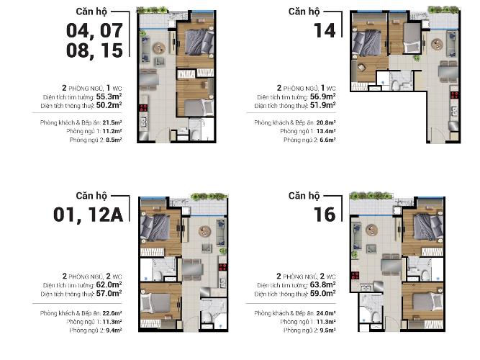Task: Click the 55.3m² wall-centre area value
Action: click(x=109, y=96)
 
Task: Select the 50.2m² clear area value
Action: click(x=109, y=105)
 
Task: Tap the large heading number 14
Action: click(x=325, y=31)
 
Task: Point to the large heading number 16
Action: click(x=325, y=215)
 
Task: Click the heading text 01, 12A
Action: click(x=89, y=215)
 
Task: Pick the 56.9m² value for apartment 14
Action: click(x=323, y=96)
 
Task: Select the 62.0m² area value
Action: click(x=109, y=285)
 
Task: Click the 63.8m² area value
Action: click(x=323, y=285)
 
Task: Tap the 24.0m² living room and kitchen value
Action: click(x=326, y=313)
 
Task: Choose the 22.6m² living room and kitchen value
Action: click(x=112, y=313)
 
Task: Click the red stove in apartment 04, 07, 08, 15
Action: click(x=143, y=108)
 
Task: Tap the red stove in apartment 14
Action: click(x=454, y=95)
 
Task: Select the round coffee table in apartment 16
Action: click(x=371, y=230)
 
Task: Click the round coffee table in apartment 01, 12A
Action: click(x=204, y=231)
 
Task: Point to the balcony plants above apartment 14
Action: click(x=443, y=9)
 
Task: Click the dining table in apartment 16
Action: click(x=391, y=266)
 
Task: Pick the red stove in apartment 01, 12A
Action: click(x=222, y=267)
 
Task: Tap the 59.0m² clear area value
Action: click(x=323, y=294)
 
